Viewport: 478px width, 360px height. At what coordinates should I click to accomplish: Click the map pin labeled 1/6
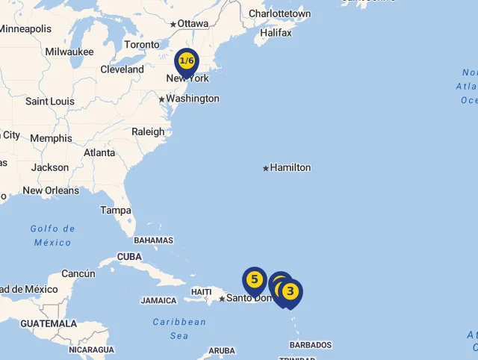[x=187, y=61]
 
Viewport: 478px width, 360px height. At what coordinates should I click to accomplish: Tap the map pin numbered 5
[x=255, y=280]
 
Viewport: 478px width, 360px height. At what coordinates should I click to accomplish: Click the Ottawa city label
[x=193, y=24]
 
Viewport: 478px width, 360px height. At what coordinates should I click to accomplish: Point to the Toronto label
[x=142, y=45]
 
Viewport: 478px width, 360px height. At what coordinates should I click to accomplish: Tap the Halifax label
[x=276, y=33]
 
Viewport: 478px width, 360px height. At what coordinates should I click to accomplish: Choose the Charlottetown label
[x=279, y=14]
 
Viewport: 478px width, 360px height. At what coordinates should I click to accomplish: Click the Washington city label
[x=193, y=99]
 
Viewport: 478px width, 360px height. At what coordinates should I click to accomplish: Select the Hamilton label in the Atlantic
[x=291, y=167]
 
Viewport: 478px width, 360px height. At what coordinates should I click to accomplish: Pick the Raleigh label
[x=148, y=132]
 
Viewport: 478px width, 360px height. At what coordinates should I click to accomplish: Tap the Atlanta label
[x=99, y=153]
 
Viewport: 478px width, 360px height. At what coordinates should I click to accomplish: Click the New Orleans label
[x=51, y=190]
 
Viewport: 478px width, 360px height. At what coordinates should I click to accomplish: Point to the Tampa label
[x=116, y=211]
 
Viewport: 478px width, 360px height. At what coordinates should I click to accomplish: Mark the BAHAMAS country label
[x=153, y=240]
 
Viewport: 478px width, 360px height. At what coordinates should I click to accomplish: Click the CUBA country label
[x=129, y=256]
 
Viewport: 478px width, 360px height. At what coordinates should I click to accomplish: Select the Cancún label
[x=78, y=274]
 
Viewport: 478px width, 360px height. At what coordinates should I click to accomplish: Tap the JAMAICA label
[x=158, y=301]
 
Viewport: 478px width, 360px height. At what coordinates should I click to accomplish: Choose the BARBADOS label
[x=311, y=345]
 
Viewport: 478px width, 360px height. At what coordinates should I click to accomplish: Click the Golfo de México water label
[x=53, y=235]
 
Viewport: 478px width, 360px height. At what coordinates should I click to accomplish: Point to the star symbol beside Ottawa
[x=173, y=25]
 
